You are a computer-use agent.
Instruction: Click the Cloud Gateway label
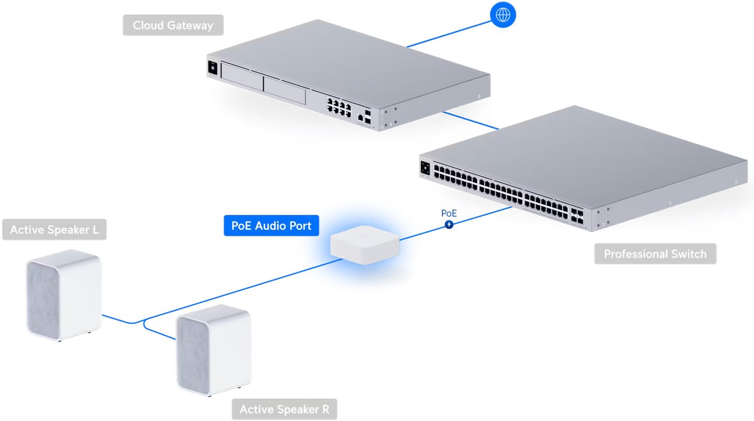click(x=173, y=25)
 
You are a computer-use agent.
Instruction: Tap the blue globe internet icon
click(x=503, y=15)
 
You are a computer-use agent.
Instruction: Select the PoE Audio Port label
click(x=271, y=226)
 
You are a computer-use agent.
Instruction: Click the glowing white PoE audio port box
click(x=365, y=245)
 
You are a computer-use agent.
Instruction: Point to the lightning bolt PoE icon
click(x=449, y=225)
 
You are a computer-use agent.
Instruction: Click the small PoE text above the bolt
click(x=449, y=213)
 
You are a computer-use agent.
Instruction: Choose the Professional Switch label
click(x=655, y=254)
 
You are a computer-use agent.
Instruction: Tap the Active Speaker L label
click(x=54, y=230)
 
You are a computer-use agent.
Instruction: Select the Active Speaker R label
click(x=285, y=409)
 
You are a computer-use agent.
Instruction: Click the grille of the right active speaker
click(x=193, y=355)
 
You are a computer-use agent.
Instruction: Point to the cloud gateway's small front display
click(x=213, y=68)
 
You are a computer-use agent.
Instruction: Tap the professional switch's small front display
click(x=425, y=168)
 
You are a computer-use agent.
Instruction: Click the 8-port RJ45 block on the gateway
click(x=339, y=107)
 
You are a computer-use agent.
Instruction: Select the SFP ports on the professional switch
click(x=577, y=216)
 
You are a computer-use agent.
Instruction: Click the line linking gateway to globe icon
click(x=449, y=34)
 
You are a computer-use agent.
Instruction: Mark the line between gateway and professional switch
click(x=470, y=120)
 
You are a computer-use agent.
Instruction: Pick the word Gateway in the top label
click(x=190, y=26)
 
